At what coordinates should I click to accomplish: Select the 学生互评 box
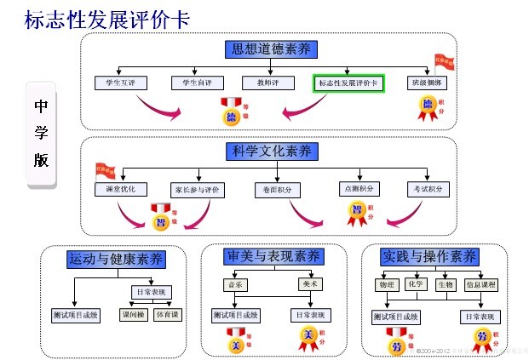tap(121, 83)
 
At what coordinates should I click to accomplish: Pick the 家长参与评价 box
tap(196, 189)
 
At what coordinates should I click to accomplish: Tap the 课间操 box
tap(133, 315)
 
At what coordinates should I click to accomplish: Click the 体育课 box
tap(167, 315)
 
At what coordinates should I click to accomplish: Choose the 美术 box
tap(310, 284)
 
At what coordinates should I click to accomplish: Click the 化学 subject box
tap(416, 284)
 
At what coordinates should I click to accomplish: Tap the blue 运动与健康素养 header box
tap(115, 259)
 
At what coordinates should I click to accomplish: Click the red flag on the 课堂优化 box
tap(104, 171)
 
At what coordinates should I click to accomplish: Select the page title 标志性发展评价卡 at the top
tap(107, 17)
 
